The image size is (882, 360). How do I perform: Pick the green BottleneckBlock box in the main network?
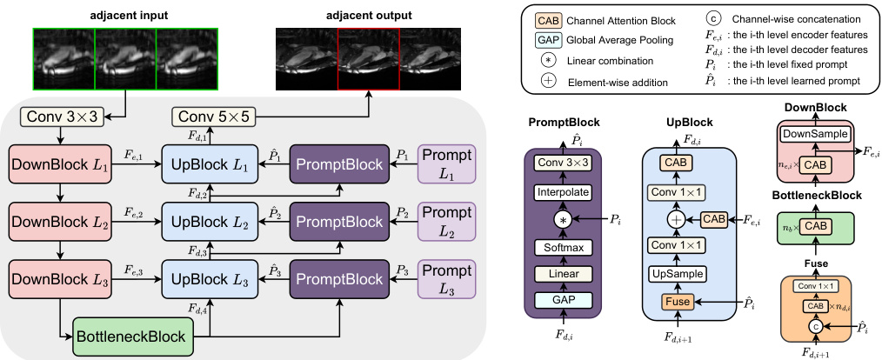(132, 334)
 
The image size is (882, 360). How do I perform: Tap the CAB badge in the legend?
(547, 19)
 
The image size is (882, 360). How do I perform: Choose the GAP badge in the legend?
(547, 40)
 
